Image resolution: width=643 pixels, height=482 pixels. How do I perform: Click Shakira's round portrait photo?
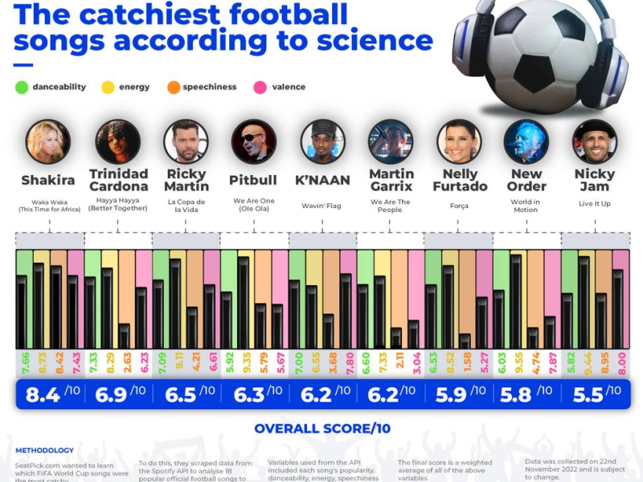(x=48, y=141)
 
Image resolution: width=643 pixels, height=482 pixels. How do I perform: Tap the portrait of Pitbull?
(x=254, y=141)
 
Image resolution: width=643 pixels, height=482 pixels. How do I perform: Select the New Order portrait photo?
(x=526, y=141)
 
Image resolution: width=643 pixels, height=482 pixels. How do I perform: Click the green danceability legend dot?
(x=21, y=87)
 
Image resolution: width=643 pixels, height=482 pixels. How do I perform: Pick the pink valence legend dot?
(x=260, y=87)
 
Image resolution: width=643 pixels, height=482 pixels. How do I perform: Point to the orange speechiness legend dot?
(x=174, y=87)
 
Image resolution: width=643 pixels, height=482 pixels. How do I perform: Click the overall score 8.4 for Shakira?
(x=41, y=394)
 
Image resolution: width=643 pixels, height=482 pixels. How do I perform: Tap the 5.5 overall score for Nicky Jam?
(x=588, y=394)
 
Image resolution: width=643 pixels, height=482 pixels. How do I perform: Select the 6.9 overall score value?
(x=109, y=394)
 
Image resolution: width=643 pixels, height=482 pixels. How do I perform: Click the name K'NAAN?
(x=321, y=180)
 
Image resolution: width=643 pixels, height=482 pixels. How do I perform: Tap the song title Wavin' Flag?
(x=321, y=206)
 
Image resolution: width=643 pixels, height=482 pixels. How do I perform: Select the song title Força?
(x=459, y=206)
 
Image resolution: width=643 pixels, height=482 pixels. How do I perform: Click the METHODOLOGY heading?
(x=44, y=451)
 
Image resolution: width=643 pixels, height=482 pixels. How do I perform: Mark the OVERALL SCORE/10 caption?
(x=322, y=428)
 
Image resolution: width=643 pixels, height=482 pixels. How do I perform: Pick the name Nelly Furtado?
(x=459, y=180)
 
